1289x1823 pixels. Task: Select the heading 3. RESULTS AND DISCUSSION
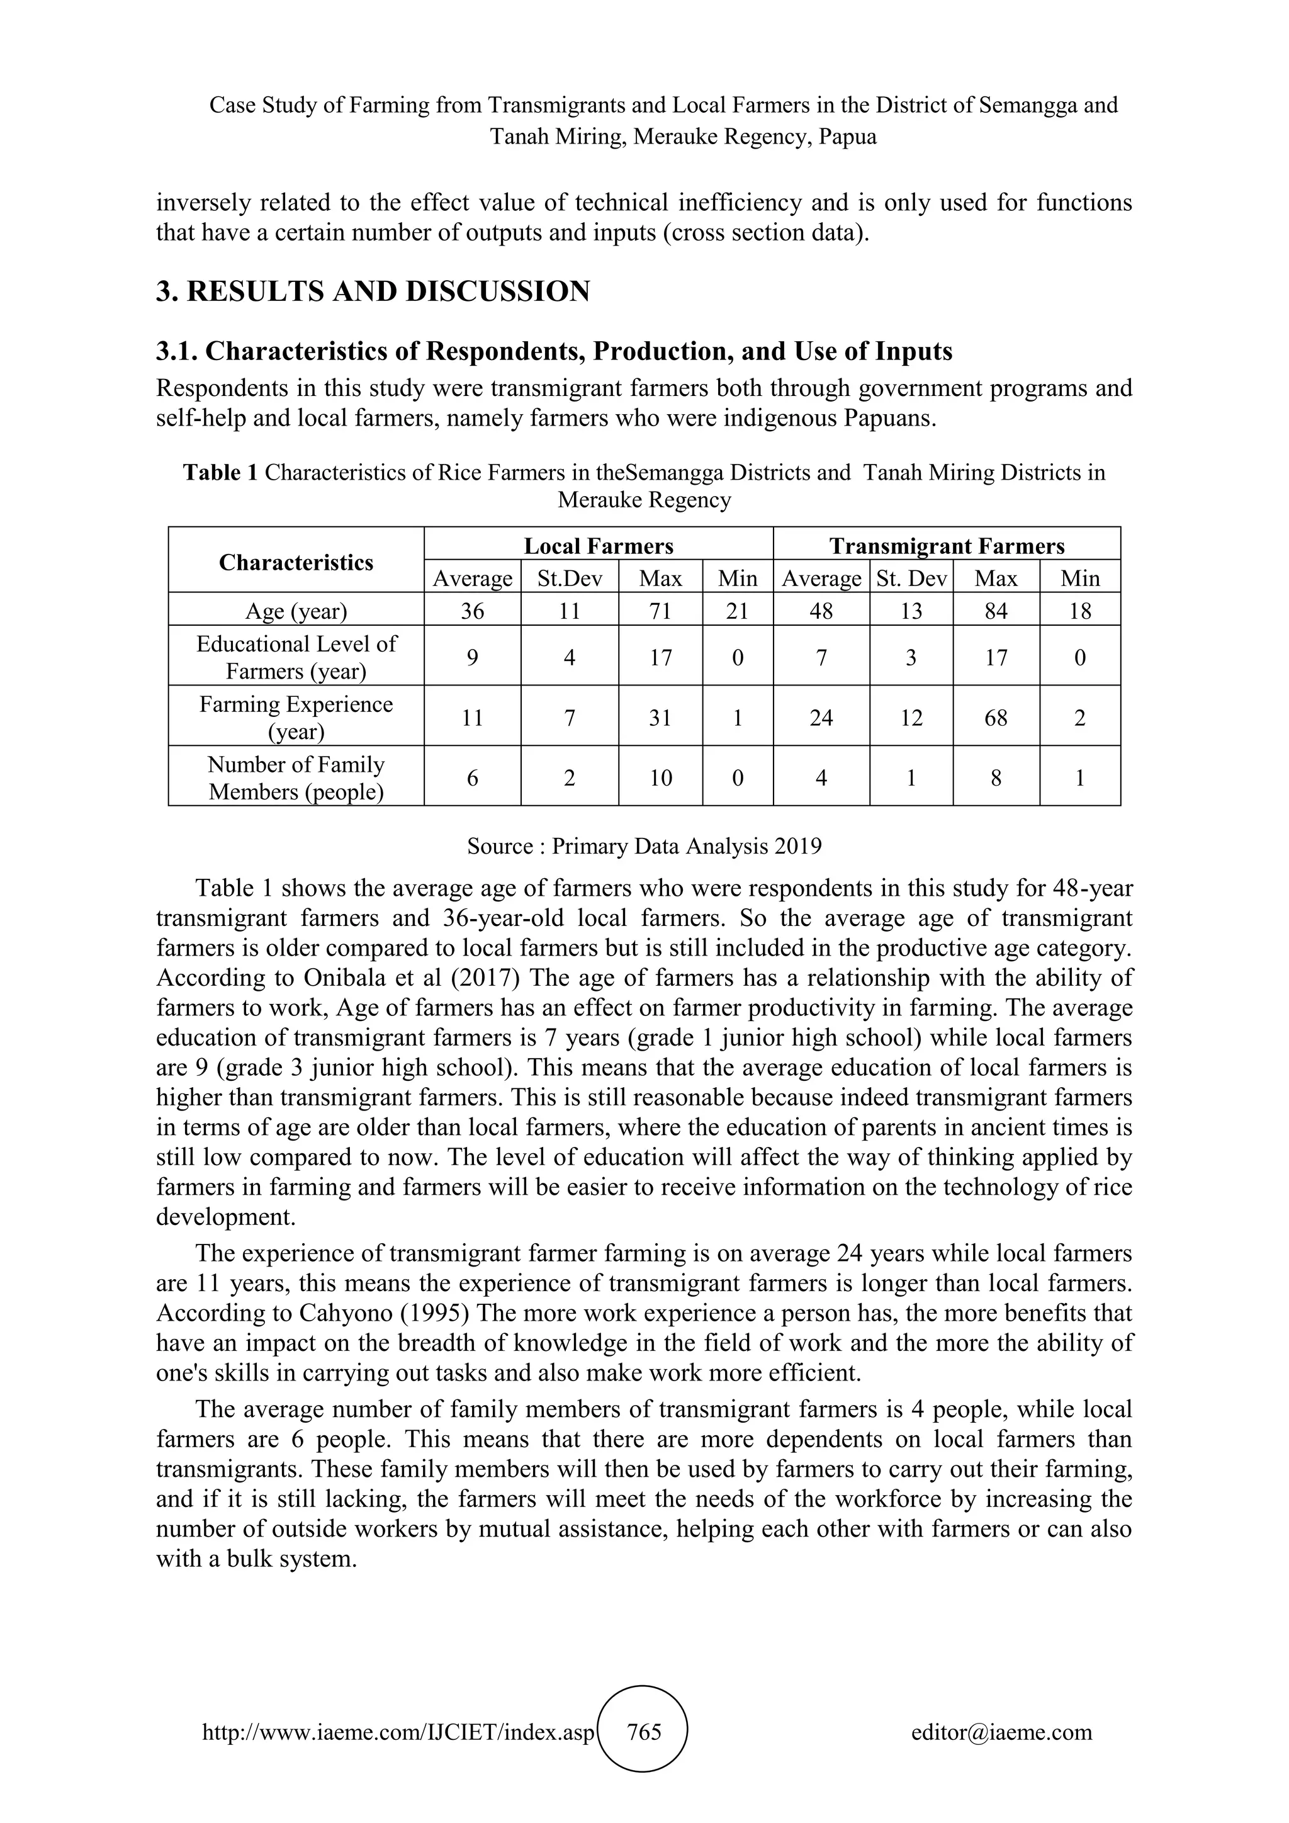tap(373, 291)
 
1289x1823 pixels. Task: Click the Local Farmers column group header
tap(599, 546)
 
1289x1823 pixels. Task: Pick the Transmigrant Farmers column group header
tap(947, 546)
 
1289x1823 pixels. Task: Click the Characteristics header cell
tap(296, 562)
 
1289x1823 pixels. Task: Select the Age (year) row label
tap(296, 611)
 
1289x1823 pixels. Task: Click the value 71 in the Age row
tap(660, 611)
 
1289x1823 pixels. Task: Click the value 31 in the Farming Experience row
tap(660, 718)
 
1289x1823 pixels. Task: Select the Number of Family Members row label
tap(296, 778)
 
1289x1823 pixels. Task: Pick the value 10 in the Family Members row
tap(660, 778)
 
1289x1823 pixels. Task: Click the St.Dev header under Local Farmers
tap(569, 578)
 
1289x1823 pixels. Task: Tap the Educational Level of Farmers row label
tap(296, 657)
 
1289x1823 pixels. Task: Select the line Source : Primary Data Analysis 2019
tap(644, 847)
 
